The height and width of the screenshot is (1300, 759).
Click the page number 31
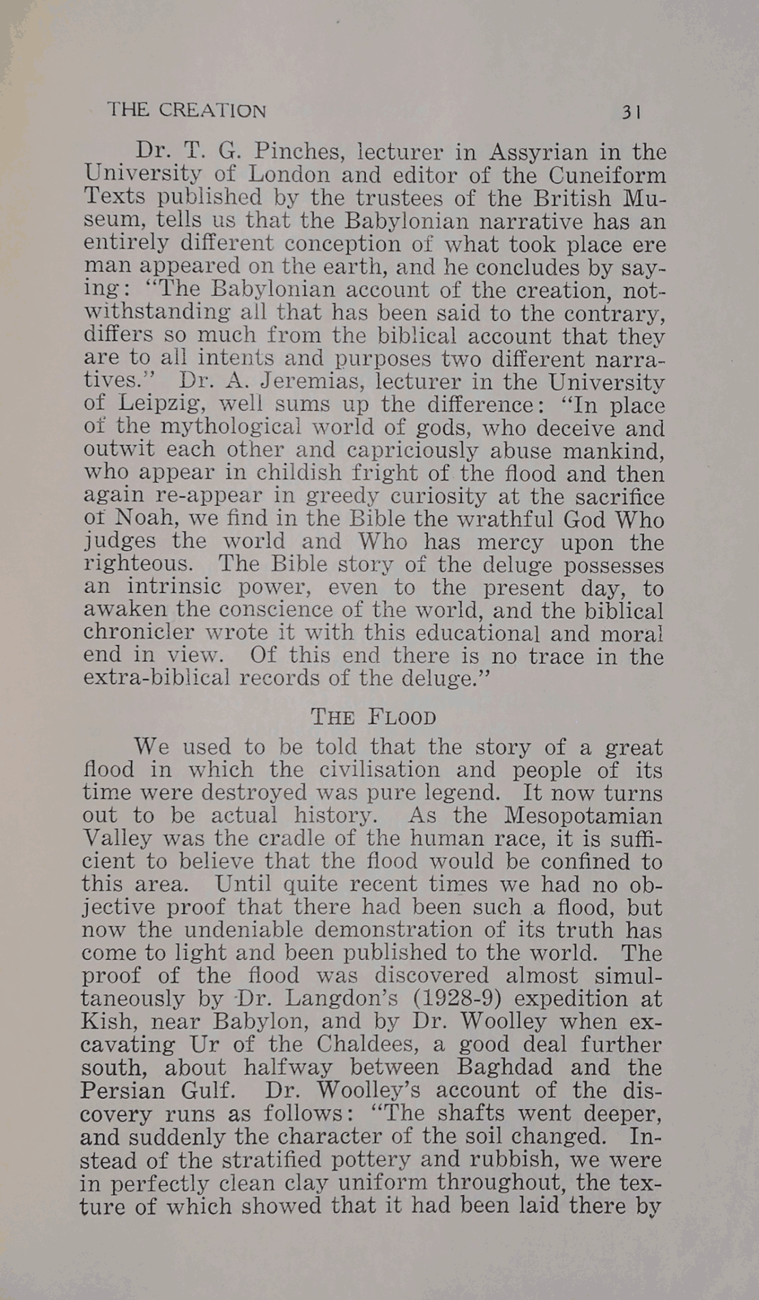coord(630,112)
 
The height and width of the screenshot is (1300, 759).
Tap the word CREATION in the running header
coord(213,110)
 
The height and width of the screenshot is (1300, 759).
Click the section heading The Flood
coord(373,717)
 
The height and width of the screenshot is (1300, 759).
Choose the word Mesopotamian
coord(583,815)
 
